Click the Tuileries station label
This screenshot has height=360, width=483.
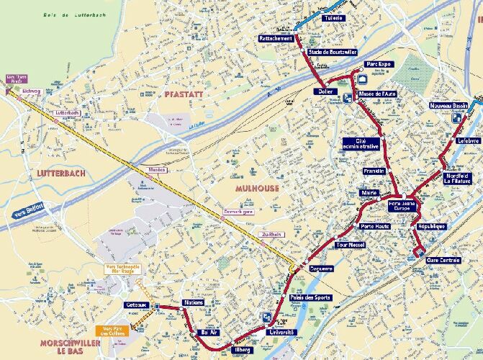334,18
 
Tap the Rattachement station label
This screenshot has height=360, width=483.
276,37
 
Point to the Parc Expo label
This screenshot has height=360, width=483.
378,64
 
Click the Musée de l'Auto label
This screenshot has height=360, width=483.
377,94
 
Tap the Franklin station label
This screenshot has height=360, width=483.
375,171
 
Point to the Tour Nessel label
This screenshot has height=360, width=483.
351,245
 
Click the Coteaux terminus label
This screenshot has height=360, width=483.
136,305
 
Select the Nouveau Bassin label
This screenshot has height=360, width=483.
448,106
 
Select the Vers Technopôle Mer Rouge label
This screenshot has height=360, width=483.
123,269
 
